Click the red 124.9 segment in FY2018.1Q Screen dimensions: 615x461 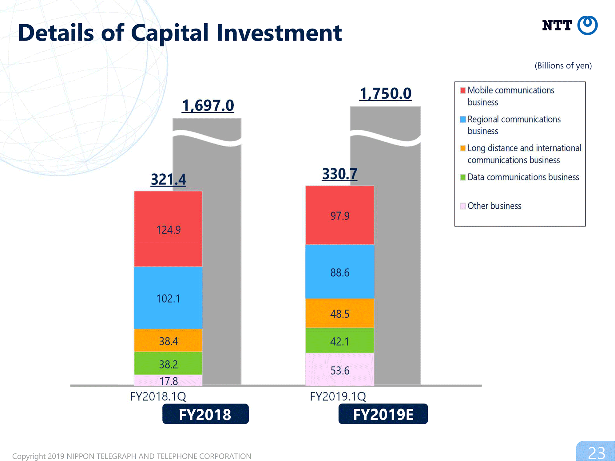[168, 229]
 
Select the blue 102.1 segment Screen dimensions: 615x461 [168, 298]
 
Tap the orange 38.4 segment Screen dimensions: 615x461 [168, 341]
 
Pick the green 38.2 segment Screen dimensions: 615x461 [168, 363]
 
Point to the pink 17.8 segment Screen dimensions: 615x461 [168, 380]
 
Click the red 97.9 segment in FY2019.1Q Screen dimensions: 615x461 [340, 215]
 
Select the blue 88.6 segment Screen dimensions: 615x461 [340, 272]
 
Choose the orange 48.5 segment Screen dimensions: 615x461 [340, 313]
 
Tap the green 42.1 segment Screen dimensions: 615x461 [340, 341]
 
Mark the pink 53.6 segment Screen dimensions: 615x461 [340, 369]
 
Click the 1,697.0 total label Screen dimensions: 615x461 [208, 106]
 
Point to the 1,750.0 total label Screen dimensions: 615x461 [385, 93]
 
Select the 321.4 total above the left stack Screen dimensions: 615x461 [169, 179]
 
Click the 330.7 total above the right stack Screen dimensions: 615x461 [340, 174]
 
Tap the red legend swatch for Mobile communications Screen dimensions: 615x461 [463, 90]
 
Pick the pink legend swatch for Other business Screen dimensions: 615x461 [463, 206]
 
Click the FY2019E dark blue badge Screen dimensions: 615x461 [383, 414]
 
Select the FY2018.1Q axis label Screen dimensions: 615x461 [158, 396]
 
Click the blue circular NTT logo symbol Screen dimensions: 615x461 [587, 25]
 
